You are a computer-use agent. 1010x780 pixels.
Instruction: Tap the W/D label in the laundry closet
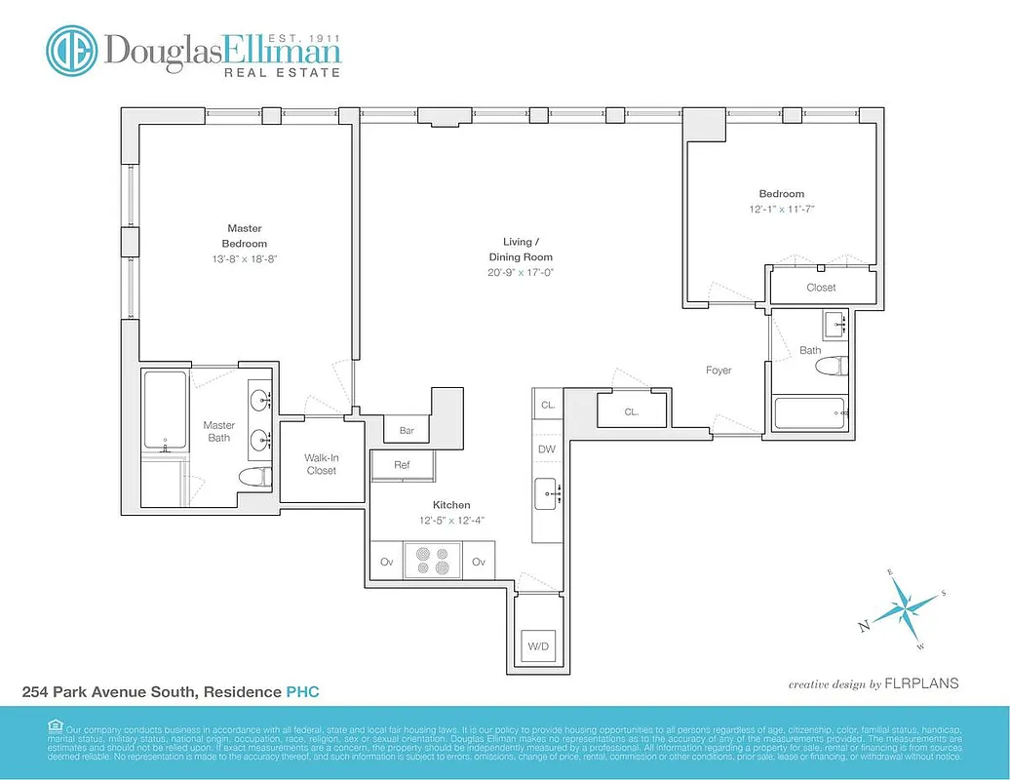(x=538, y=645)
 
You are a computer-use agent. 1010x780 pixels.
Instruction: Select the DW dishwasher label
(x=547, y=449)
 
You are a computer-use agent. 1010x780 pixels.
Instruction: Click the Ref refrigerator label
(x=402, y=466)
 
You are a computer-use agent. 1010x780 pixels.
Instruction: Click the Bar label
(x=407, y=430)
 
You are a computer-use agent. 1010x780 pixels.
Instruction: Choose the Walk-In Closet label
(x=321, y=464)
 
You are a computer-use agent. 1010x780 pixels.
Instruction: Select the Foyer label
(x=719, y=370)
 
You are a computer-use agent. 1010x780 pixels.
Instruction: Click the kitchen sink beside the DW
(x=547, y=495)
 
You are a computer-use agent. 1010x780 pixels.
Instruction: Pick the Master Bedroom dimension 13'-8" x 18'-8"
(x=244, y=258)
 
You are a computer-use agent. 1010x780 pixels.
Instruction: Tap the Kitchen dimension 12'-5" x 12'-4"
(x=451, y=520)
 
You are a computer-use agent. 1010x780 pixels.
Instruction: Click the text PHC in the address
(x=302, y=692)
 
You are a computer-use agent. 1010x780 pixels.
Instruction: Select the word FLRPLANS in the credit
(x=921, y=684)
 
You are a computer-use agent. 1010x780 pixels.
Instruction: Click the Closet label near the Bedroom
(x=821, y=288)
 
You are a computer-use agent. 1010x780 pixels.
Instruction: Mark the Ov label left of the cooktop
(x=386, y=562)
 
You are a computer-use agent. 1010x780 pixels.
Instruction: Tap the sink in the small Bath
(x=835, y=324)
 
